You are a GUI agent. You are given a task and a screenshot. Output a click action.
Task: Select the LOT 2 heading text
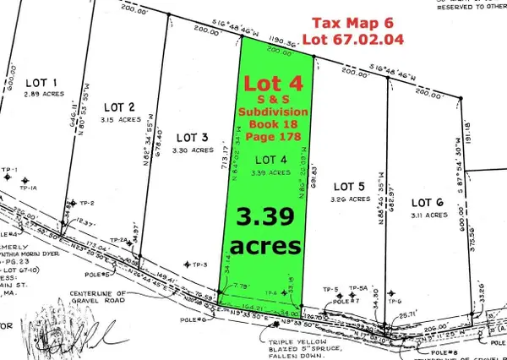click(x=119, y=107)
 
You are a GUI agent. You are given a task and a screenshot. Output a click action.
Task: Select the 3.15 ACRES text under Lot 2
click(x=122, y=120)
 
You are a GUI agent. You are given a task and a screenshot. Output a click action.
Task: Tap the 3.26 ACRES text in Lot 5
click(x=349, y=200)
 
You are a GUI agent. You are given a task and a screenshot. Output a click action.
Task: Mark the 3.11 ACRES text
click(x=428, y=216)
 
